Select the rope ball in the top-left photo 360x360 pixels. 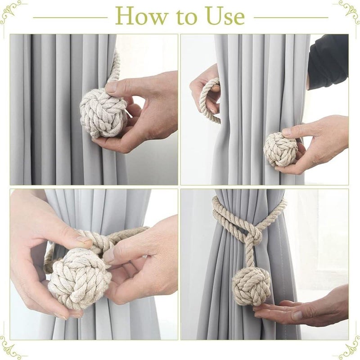pos(103,112)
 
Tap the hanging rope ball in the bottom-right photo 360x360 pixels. pos(251,286)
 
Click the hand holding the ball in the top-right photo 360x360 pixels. pos(315,144)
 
